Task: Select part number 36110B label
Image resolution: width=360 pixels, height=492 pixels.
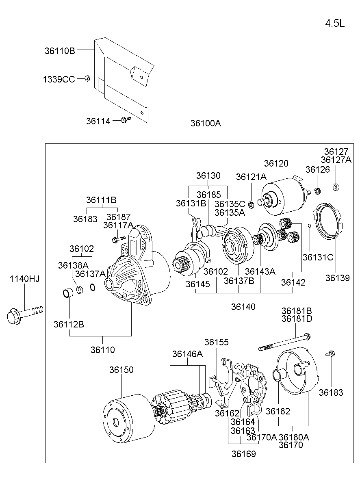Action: click(x=60, y=51)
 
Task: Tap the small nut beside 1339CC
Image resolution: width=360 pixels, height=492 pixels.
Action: click(x=87, y=78)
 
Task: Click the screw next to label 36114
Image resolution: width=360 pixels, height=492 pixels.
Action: click(x=126, y=119)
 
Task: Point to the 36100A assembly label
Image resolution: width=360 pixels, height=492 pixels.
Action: click(x=206, y=123)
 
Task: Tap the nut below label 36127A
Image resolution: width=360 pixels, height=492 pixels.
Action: click(x=336, y=187)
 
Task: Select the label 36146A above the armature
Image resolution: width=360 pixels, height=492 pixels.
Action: click(x=187, y=354)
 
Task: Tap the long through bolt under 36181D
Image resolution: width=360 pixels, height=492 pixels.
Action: click(x=284, y=342)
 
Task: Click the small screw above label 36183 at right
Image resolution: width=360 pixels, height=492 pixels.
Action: click(x=330, y=355)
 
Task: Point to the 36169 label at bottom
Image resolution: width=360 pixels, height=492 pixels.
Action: click(x=244, y=454)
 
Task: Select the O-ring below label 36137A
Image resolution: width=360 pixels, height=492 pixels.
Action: click(x=93, y=288)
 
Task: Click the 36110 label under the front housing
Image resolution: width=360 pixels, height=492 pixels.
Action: click(x=102, y=350)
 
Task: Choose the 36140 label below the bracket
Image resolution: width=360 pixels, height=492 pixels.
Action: click(x=243, y=307)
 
